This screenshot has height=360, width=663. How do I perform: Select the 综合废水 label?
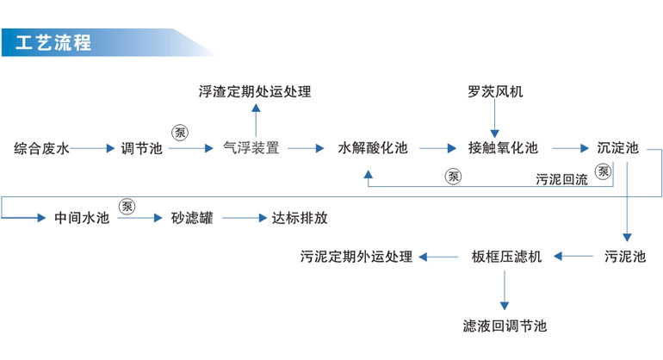click(x=41, y=148)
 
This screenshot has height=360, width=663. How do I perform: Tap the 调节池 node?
click(x=141, y=148)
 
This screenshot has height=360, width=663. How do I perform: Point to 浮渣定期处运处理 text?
click(x=254, y=92)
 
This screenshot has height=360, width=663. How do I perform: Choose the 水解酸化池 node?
click(x=372, y=148)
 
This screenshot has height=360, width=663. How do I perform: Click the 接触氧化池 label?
click(x=503, y=148)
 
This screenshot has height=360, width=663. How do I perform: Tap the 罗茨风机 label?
click(x=495, y=92)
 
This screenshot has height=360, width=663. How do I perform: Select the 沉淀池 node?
click(x=618, y=148)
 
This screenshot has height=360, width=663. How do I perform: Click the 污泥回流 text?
click(x=561, y=180)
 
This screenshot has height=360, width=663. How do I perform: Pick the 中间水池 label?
click(x=82, y=218)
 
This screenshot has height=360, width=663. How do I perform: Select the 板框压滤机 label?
click(x=506, y=257)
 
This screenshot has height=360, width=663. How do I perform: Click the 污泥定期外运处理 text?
click(x=356, y=257)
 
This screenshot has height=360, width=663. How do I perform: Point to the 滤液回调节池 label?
click(x=505, y=326)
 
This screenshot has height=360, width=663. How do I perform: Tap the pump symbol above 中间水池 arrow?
click(x=127, y=206)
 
